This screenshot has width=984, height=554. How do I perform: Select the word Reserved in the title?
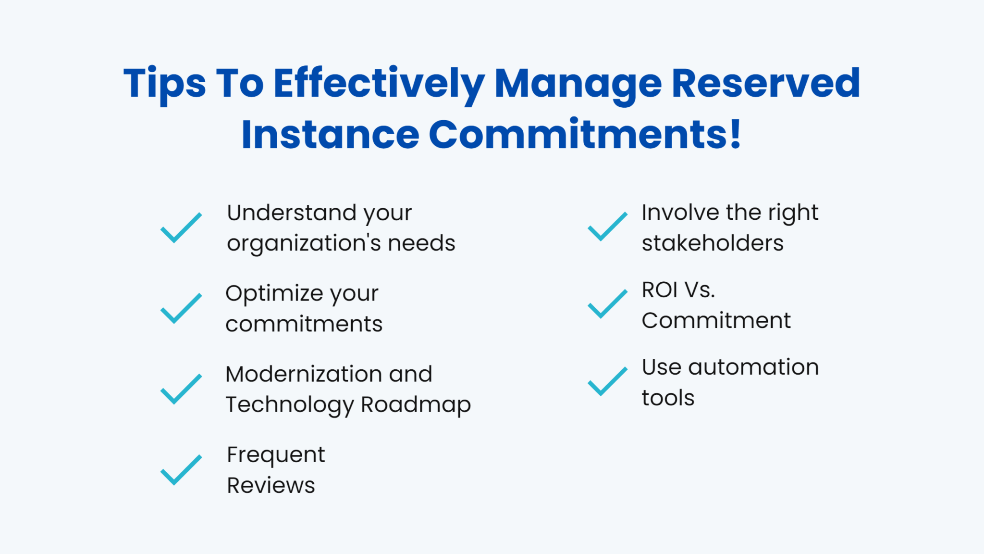pos(765,83)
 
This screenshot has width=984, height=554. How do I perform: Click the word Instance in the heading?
pos(330,135)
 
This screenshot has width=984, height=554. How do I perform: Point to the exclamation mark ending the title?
pos(735,134)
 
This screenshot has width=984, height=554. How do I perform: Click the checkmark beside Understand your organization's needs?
pos(181,227)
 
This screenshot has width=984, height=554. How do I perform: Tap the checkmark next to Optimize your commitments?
pos(181,308)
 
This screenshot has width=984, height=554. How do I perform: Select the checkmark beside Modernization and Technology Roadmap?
pos(181,389)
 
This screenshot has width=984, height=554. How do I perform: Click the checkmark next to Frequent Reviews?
pos(181,470)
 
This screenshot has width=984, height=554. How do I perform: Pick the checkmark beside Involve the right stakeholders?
pos(607,227)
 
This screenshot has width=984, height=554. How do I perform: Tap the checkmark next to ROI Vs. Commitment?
pos(607,304)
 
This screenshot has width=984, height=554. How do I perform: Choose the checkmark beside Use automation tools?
pos(607,381)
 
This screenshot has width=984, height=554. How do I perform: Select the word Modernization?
pos(303,374)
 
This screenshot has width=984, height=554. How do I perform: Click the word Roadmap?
pos(416,405)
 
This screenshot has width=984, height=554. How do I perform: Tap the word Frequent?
pos(276,455)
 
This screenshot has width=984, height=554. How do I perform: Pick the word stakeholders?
pos(713,243)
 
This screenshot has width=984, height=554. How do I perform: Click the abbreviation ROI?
pos(660,290)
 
